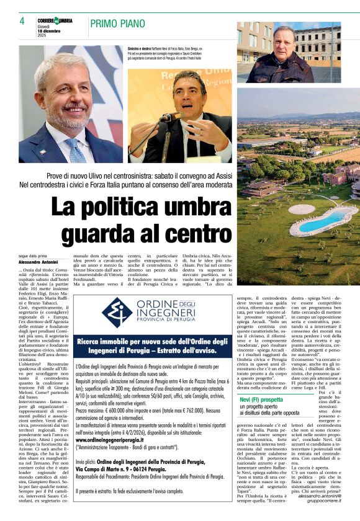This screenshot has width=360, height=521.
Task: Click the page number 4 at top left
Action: click(22, 21)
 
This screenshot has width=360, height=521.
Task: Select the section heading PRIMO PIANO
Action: click(120, 23)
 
